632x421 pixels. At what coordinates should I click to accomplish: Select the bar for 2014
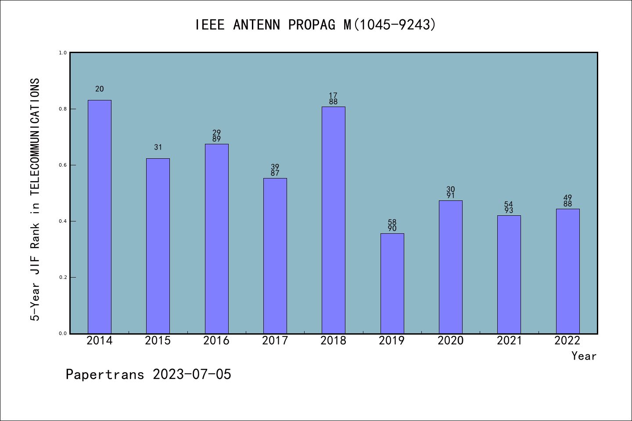tap(100, 217)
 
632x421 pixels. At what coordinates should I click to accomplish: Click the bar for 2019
tap(392, 283)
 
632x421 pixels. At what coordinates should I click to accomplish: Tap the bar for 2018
tap(334, 220)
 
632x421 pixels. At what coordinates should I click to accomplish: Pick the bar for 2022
tap(567, 271)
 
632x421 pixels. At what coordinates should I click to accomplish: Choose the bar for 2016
tap(216, 239)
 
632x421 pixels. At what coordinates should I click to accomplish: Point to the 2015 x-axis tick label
tap(158, 341)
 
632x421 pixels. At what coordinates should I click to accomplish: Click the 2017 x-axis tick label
tap(275, 341)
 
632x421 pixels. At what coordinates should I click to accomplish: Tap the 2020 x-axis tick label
tap(450, 341)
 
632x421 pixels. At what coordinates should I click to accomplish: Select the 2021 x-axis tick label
tap(509, 341)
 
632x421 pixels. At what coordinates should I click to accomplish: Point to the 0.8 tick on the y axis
tap(63, 109)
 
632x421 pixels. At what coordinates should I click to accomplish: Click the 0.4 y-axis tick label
tap(63, 221)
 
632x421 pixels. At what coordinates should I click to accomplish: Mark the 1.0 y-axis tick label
tap(63, 53)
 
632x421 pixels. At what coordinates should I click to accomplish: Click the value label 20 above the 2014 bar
tap(100, 89)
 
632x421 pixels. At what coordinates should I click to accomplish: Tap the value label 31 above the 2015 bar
tap(158, 147)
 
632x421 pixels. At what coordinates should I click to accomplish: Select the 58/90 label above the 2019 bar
tap(392, 225)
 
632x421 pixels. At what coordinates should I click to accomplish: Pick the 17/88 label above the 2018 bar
tap(334, 99)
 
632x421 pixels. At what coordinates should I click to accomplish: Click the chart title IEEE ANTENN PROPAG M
tap(316, 25)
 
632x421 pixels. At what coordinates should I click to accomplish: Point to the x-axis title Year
tap(584, 356)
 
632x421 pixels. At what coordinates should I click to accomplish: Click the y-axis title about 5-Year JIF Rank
tap(35, 200)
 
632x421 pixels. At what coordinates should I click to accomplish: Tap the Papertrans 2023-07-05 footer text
tap(148, 375)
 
